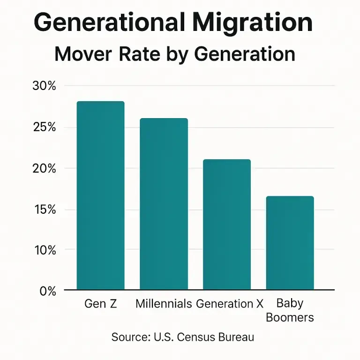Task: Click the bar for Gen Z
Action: [101, 195]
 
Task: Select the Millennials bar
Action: [164, 204]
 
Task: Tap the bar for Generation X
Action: [226, 225]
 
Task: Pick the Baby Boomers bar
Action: [290, 243]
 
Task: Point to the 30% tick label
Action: [45, 86]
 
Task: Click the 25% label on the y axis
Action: [45, 127]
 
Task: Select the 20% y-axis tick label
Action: [45, 168]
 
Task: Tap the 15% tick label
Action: [45, 210]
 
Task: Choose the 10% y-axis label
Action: [45, 250]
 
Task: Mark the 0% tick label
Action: [47, 291]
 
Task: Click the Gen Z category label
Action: [101, 304]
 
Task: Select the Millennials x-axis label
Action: [164, 304]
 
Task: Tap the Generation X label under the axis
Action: [230, 304]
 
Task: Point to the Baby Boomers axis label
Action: [290, 310]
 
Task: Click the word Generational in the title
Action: [108, 22]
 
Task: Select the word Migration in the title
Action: [250, 22]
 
